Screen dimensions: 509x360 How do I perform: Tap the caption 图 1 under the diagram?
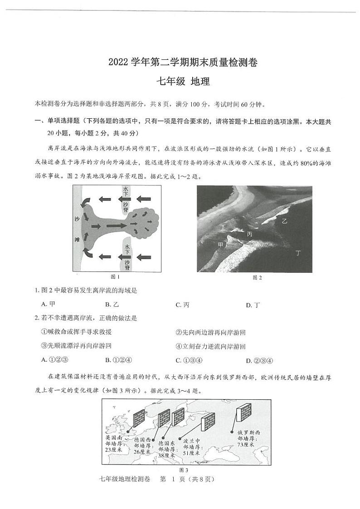point(115,276)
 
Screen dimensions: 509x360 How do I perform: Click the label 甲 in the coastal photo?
point(221,245)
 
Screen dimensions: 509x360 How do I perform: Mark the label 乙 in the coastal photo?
point(284,221)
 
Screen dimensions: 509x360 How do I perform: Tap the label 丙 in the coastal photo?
point(250,234)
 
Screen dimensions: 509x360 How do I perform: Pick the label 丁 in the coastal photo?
point(298,252)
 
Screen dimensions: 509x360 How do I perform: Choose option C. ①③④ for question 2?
point(189,360)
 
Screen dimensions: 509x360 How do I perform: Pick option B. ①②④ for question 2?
point(118,360)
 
